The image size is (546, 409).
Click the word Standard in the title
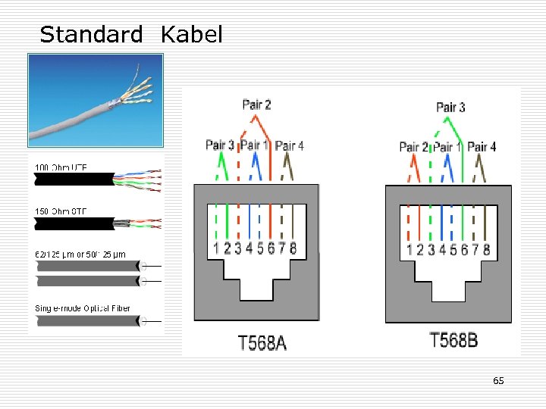pos(91,34)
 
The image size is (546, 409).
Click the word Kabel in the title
pos(192,34)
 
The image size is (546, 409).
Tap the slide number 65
pos(498,380)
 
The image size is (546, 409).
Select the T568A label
pos(262,343)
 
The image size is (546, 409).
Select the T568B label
pos(453,340)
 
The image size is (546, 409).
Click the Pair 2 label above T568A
pos(256,105)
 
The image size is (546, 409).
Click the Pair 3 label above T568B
pos(451,107)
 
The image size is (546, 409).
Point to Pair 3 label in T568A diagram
pos(220,145)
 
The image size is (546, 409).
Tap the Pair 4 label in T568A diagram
pos(290,145)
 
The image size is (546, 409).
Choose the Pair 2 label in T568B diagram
pos(413,147)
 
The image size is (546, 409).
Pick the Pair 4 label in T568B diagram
pos(482,147)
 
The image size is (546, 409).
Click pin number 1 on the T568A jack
pos(217,248)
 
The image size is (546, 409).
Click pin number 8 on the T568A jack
pos(293,248)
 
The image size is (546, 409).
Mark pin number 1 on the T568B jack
pos(409,249)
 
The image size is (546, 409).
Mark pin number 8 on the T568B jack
pos(486,249)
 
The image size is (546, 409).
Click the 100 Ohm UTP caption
pos(60,166)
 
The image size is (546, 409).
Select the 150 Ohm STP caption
pos(60,210)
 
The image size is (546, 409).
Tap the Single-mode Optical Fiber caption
pos(83,308)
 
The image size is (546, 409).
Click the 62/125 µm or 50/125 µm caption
pos(80,254)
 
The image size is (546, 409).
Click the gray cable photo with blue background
pos(96,100)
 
